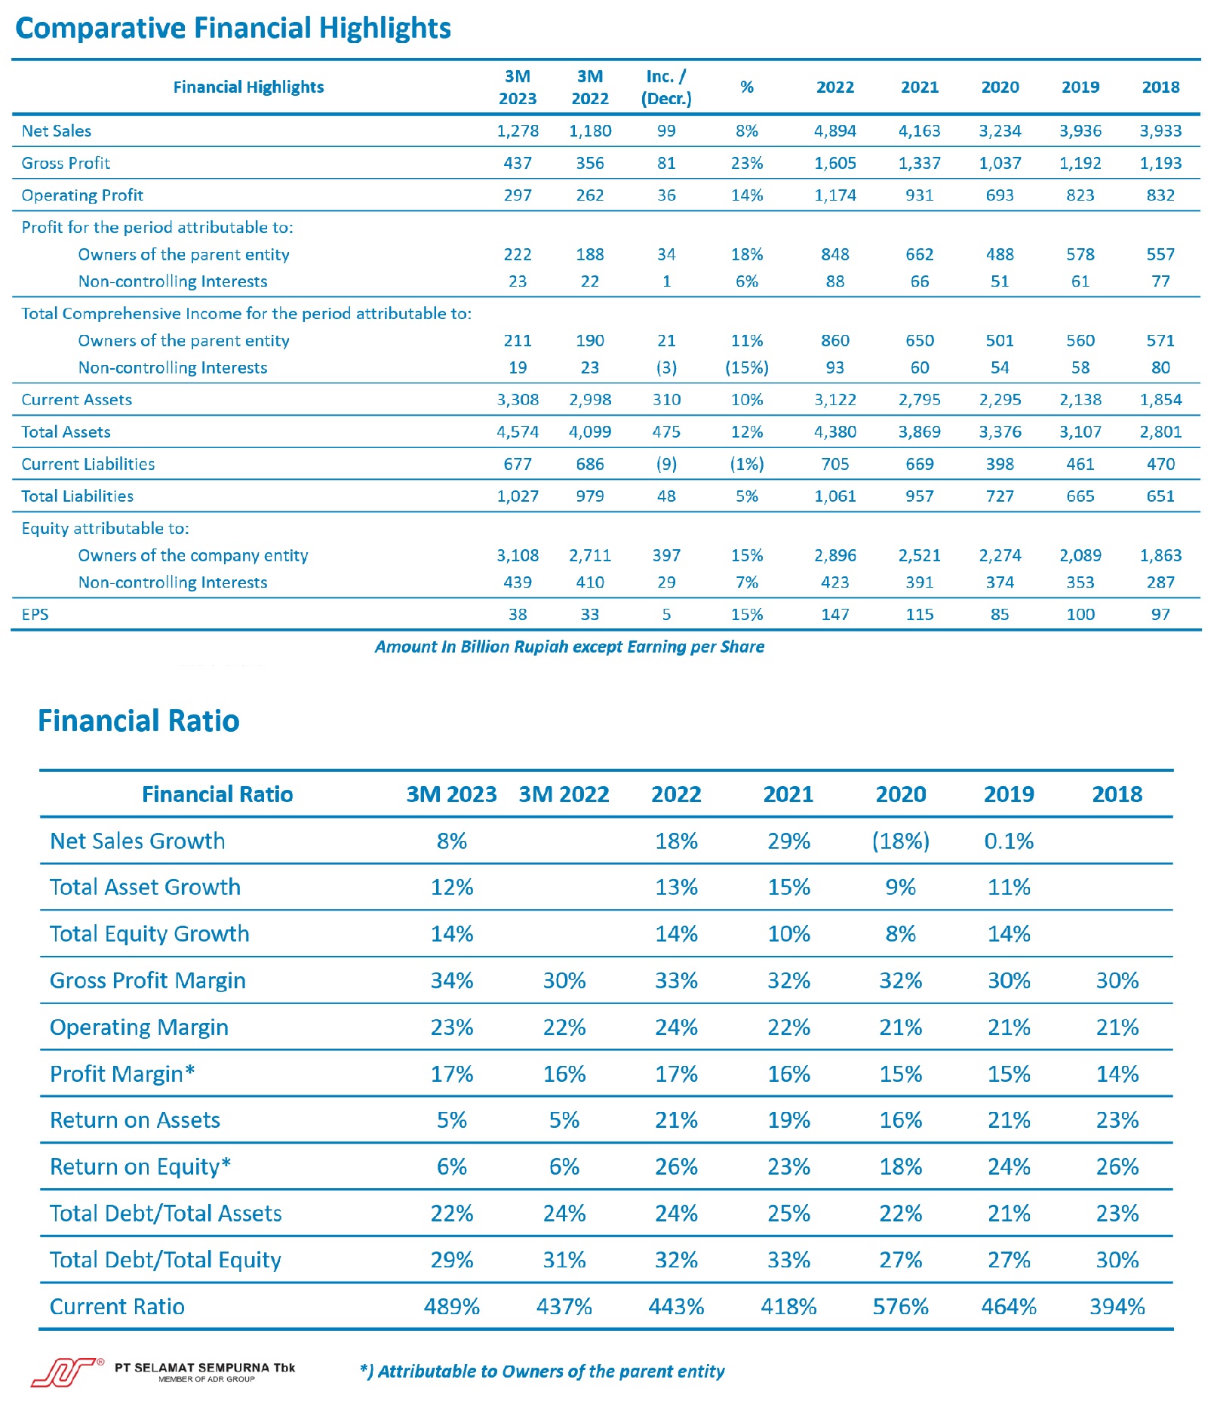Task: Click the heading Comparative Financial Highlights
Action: (x=233, y=29)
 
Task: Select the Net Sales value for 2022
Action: (x=834, y=131)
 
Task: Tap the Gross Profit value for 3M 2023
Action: (x=518, y=163)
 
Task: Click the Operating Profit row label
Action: (x=82, y=195)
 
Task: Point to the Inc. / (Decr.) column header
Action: (x=666, y=88)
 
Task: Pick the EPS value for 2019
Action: (x=1080, y=614)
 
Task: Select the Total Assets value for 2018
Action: (x=1160, y=432)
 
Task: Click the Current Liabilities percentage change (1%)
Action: (x=746, y=464)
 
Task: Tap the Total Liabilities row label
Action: (x=78, y=496)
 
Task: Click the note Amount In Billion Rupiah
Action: (x=570, y=647)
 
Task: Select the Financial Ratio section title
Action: (x=139, y=720)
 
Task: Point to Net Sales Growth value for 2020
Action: (x=900, y=840)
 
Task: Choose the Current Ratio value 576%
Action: (x=900, y=1307)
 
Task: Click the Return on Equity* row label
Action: (x=140, y=1167)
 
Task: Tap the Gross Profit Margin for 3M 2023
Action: (x=452, y=981)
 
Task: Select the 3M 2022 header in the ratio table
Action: (x=564, y=794)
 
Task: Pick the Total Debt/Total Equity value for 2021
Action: (x=788, y=1260)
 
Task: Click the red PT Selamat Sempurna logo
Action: (x=66, y=1373)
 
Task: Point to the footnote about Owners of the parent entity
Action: (x=542, y=1372)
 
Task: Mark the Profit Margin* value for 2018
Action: (x=1117, y=1074)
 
